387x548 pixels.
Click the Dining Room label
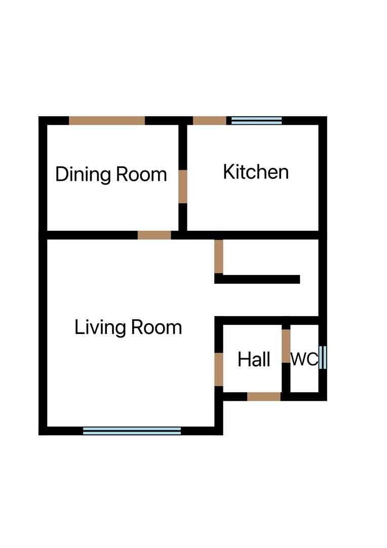coord(111,174)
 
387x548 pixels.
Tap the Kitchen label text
coord(256,172)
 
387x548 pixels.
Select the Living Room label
coord(128,327)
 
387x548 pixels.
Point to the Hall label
coord(254,360)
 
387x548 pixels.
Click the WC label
coord(304,360)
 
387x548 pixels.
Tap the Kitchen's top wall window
coord(256,120)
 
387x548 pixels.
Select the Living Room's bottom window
coord(132,431)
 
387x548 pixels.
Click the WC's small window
coord(323,357)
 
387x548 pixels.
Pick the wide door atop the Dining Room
coord(107,120)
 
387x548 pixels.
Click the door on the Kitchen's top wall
coord(210,120)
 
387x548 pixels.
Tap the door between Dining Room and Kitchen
coord(182,186)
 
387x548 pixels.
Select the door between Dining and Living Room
coord(154,235)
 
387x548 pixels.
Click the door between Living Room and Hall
coord(219,369)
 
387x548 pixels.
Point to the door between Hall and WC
coord(286,346)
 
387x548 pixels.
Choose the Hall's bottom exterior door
coord(264,396)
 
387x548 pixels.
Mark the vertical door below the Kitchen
coord(219,256)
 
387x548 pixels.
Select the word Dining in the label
coord(83,174)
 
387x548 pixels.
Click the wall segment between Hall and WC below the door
coord(286,378)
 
